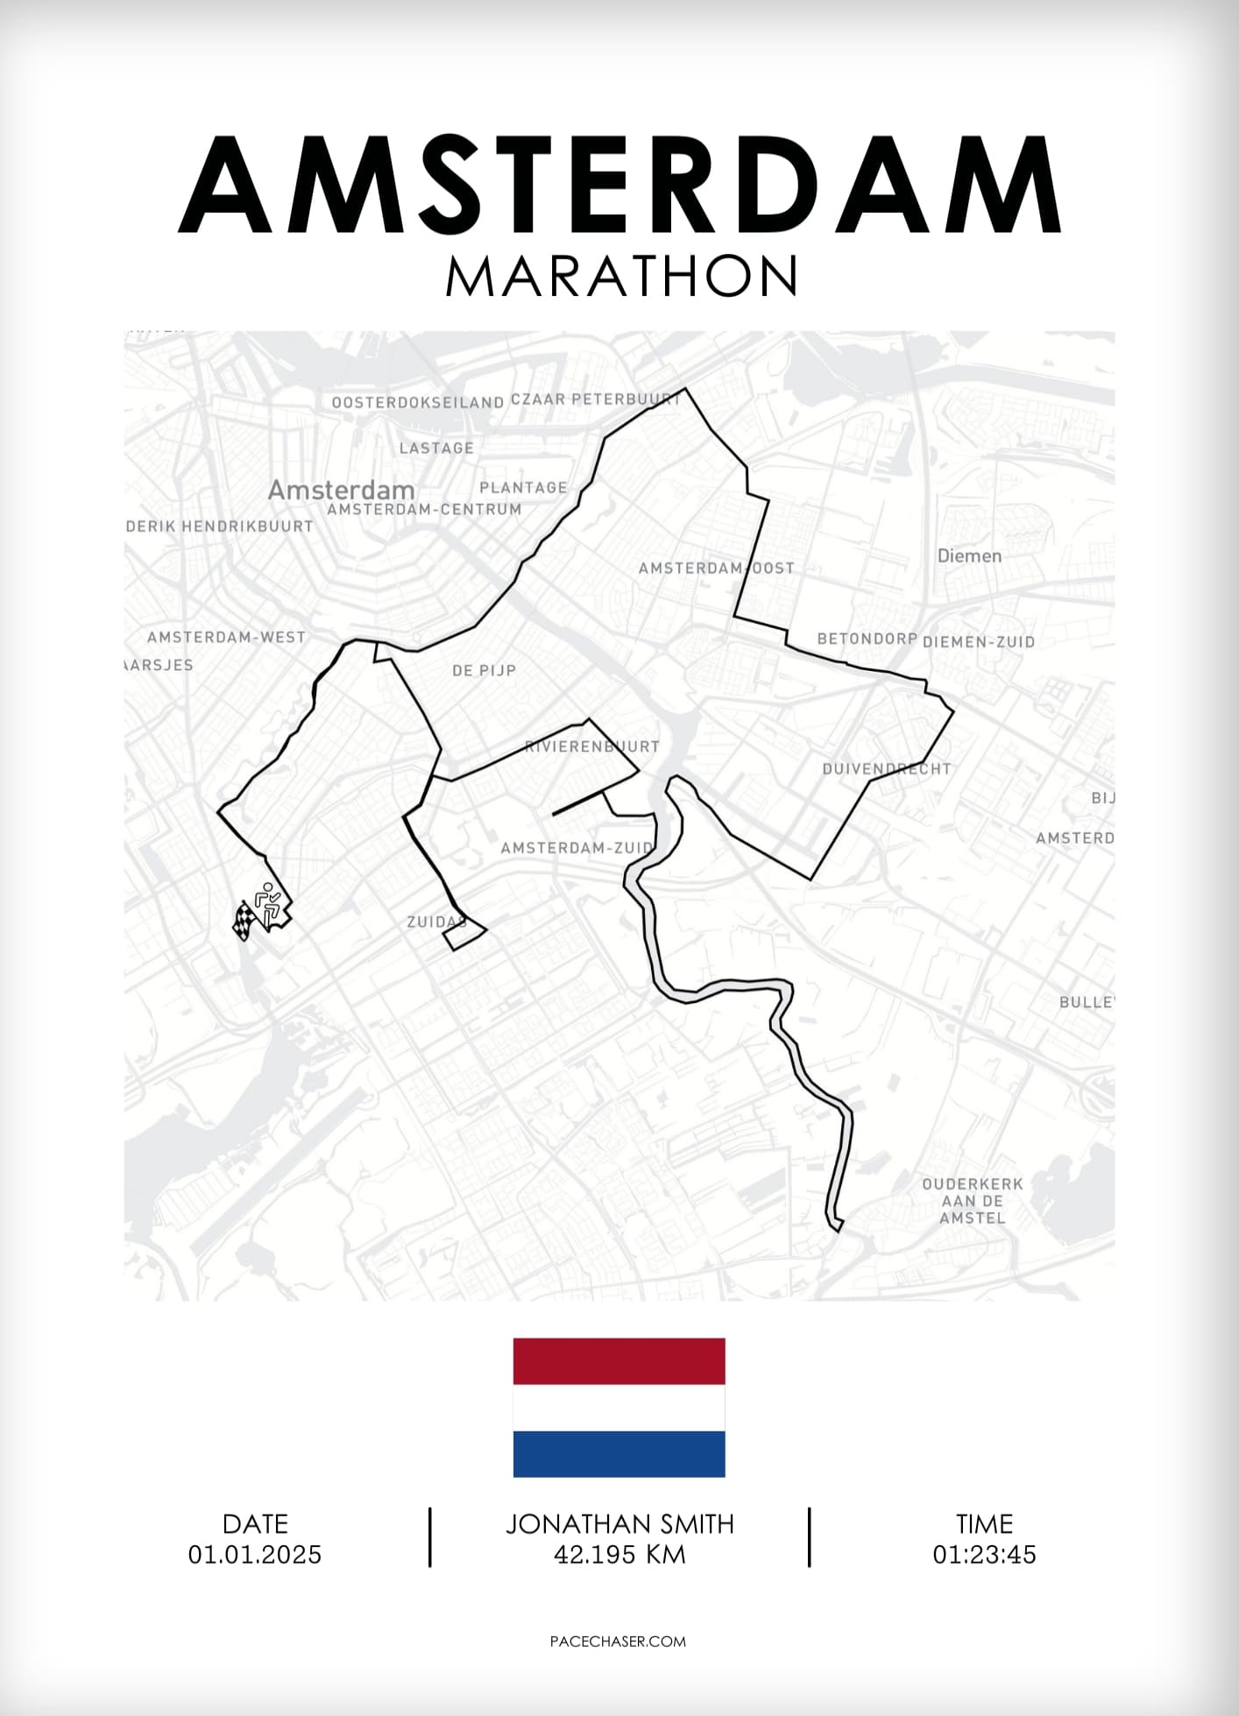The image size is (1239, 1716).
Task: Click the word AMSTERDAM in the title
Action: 619,185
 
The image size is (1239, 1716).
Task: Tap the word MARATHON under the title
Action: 621,277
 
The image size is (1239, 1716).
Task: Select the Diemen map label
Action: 969,555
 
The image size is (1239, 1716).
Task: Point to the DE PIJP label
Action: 484,670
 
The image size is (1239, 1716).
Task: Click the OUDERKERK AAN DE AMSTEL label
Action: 973,1200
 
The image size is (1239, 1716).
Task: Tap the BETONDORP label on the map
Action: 867,639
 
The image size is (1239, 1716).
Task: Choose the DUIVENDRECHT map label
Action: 886,769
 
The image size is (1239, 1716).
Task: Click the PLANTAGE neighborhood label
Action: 523,487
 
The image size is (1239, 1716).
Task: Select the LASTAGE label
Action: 436,448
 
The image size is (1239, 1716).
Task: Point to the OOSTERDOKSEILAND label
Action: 418,402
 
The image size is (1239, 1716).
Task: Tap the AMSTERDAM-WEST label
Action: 226,637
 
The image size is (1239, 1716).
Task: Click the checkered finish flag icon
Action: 244,921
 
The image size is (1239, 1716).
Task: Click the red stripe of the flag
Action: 619,1361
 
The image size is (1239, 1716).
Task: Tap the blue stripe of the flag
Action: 619,1454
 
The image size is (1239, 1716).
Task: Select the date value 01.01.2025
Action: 255,1555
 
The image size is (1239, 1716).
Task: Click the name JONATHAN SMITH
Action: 619,1524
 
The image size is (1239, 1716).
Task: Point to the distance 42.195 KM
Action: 619,1555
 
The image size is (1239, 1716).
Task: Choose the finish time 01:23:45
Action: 984,1555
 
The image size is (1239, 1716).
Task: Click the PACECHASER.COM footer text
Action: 618,1642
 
